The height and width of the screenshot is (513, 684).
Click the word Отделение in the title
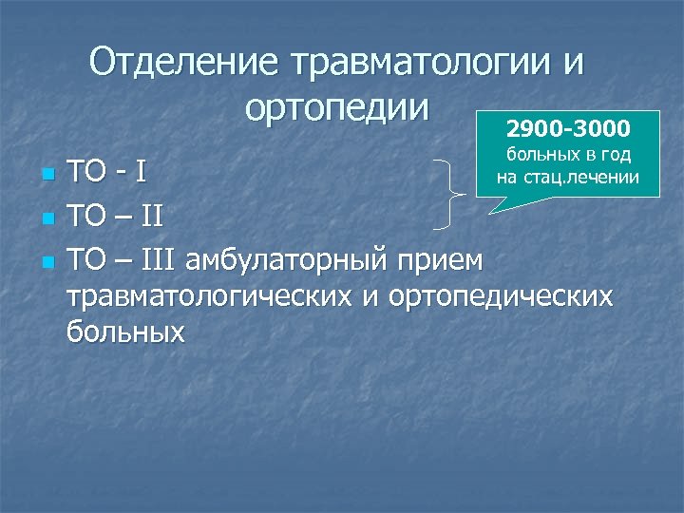click(x=184, y=65)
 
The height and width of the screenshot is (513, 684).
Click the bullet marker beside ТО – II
click(x=46, y=218)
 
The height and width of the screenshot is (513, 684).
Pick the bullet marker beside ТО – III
click(x=46, y=260)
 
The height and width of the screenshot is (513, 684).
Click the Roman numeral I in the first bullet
click(x=141, y=175)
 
